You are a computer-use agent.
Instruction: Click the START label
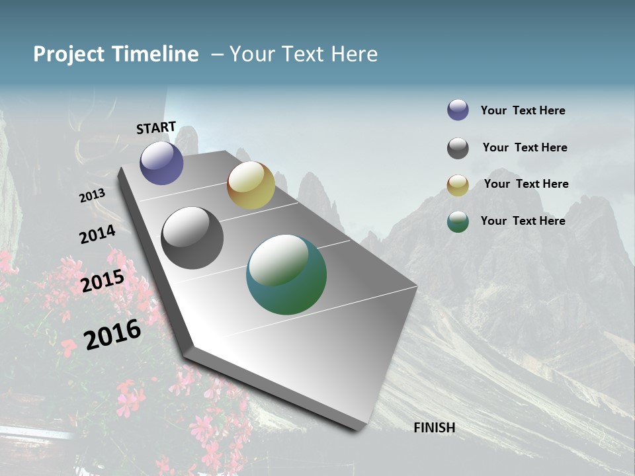tap(156, 128)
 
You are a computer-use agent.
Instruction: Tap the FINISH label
tap(434, 428)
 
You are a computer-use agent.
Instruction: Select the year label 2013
tap(92, 196)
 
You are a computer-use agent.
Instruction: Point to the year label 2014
tap(97, 234)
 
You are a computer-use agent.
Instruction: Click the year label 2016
tap(112, 334)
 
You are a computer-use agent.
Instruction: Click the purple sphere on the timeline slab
tap(161, 163)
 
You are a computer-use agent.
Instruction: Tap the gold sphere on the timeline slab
tap(251, 185)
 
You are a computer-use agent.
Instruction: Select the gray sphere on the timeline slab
tap(192, 238)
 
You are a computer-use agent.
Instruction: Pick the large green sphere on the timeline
tap(286, 274)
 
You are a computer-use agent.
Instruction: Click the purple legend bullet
tap(458, 110)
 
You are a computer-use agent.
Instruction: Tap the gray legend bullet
tap(458, 148)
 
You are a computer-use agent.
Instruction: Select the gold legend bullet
tap(458, 185)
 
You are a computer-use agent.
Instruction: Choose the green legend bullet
tap(458, 221)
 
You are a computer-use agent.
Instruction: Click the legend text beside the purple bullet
tap(523, 111)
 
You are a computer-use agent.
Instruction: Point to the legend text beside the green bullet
tap(523, 221)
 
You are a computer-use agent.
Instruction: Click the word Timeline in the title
tap(155, 54)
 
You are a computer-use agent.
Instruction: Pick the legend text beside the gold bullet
tap(526, 184)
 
